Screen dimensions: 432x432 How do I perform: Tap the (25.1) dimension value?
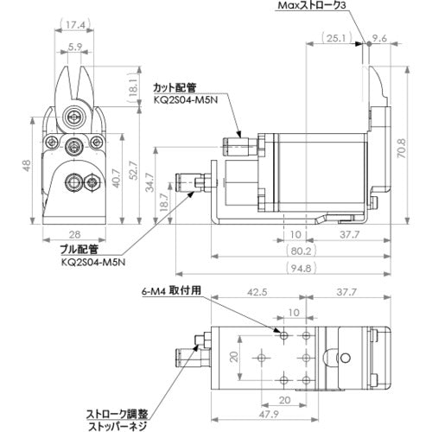pos(335,37)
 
